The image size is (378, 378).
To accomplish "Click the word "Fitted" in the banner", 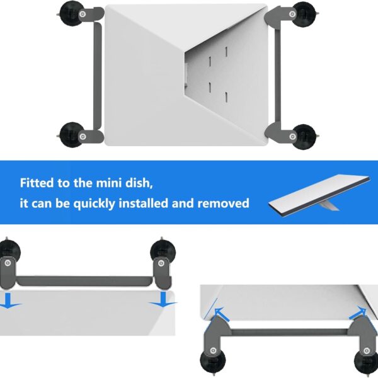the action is coord(37,183).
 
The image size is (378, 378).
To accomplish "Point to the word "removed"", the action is coord(224,203).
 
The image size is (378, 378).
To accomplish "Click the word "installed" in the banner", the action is coord(144,203).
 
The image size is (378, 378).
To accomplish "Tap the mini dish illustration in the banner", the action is coord(319,195).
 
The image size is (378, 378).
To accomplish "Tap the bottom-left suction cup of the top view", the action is coord(71,135).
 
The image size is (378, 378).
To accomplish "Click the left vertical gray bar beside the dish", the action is coord(98,76).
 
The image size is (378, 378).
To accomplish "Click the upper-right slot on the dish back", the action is coord(226,52).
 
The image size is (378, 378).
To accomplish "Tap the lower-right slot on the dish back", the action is coord(226,97).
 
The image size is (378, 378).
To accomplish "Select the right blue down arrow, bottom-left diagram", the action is coord(163,299).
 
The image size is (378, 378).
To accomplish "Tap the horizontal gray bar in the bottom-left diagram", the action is coord(84,281).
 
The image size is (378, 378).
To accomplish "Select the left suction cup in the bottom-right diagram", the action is coord(213,360).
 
